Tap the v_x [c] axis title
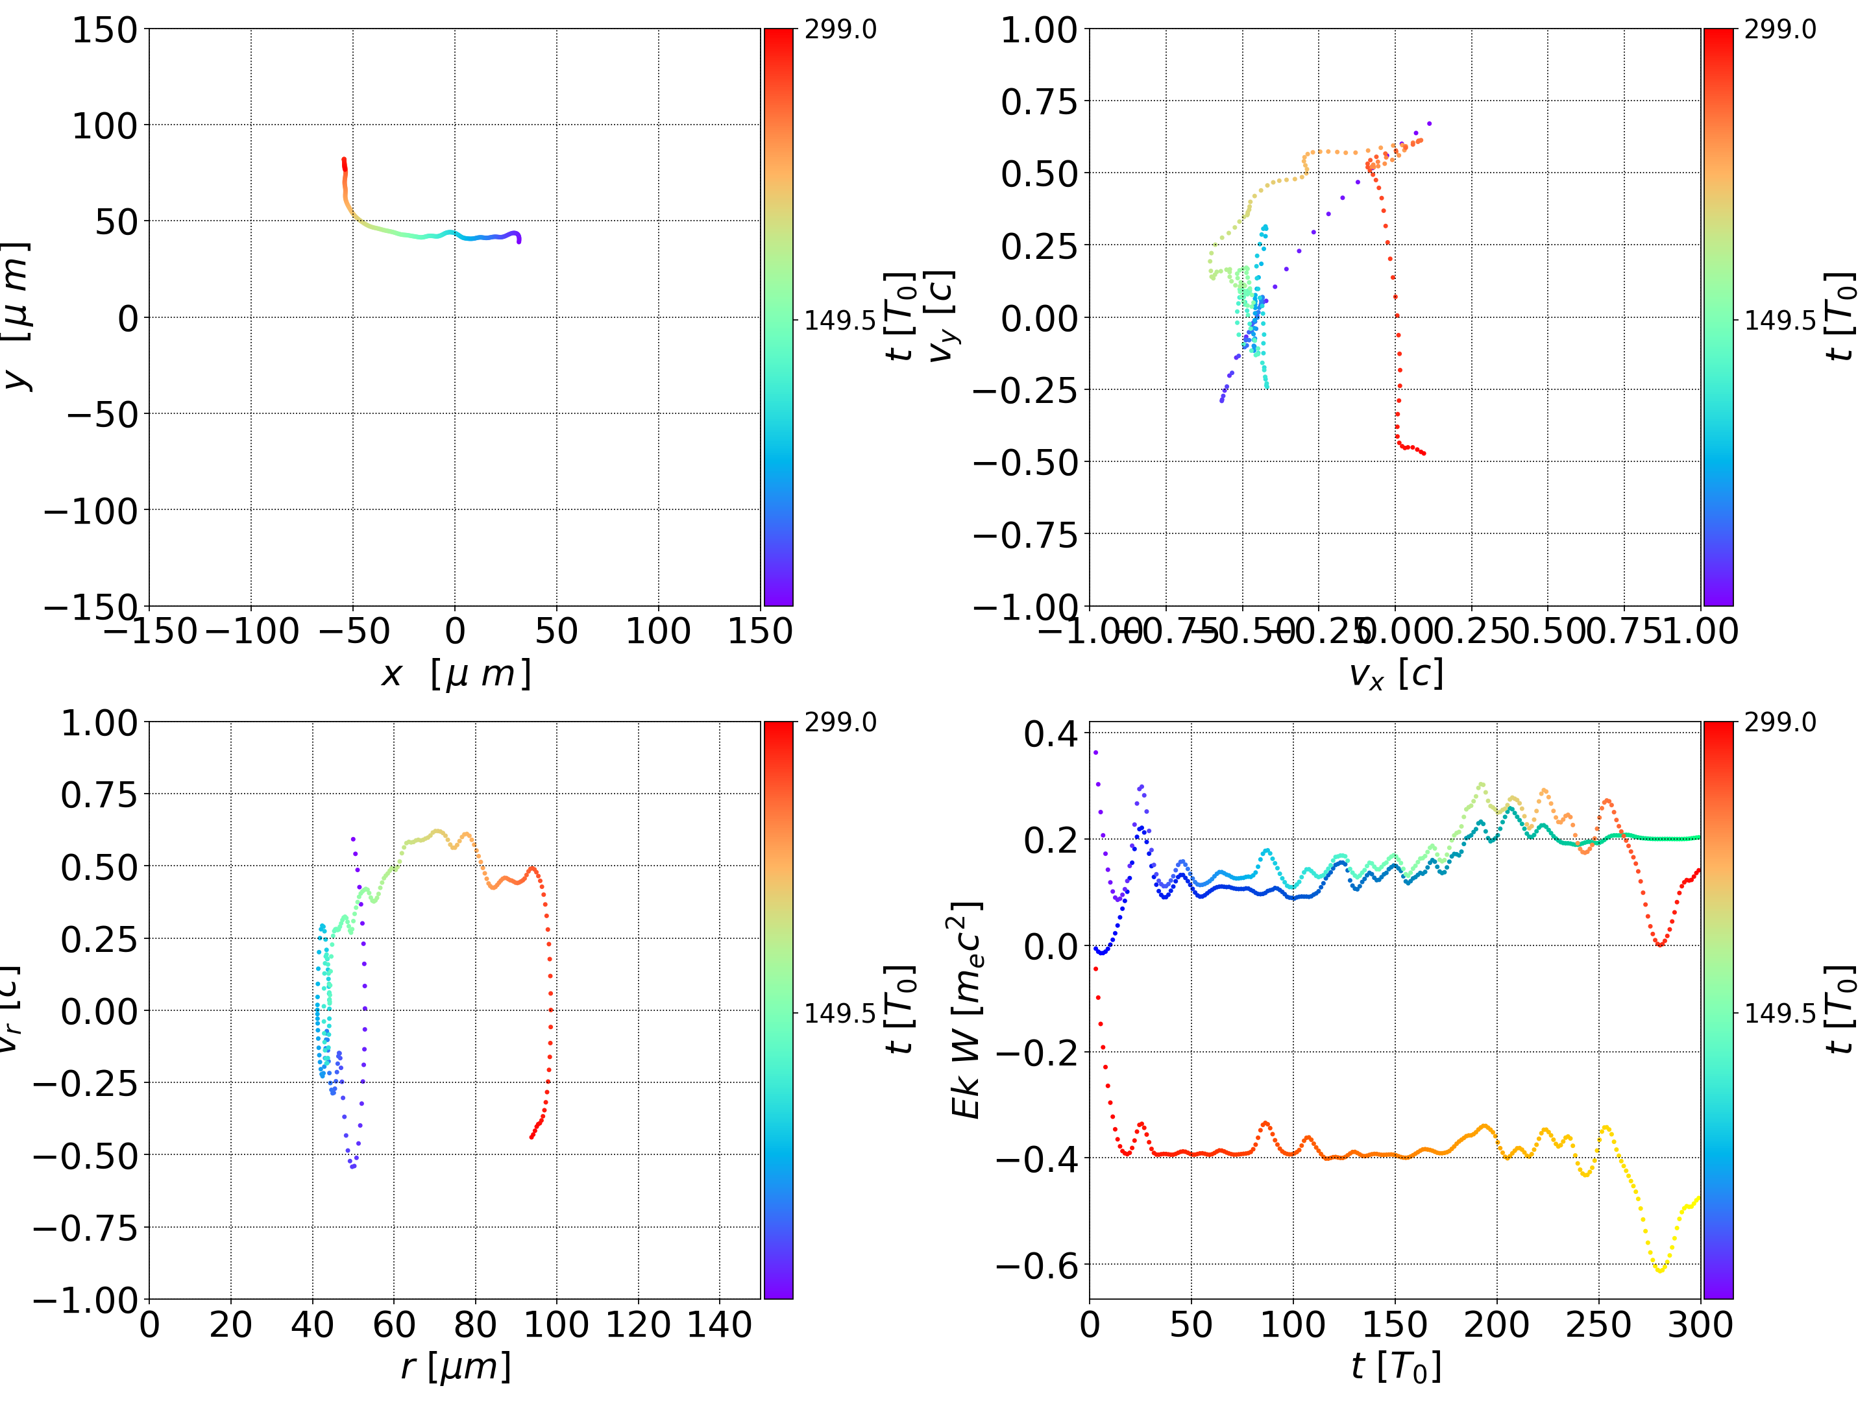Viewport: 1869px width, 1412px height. pyautogui.click(x=1395, y=674)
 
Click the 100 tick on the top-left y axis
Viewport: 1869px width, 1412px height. pyautogui.click(x=104, y=126)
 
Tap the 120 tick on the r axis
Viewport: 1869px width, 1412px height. pyautogui.click(x=638, y=1324)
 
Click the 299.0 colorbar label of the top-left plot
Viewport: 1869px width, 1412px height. pyautogui.click(x=840, y=30)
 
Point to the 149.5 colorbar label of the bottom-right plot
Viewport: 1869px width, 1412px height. pyautogui.click(x=1779, y=1012)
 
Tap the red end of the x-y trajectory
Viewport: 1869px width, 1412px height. pyautogui.click(x=343, y=159)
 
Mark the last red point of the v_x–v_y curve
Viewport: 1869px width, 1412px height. pyautogui.click(x=1424, y=454)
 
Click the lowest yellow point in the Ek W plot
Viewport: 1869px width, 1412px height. pyautogui.click(x=1660, y=1270)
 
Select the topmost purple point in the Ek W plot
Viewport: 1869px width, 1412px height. pyautogui.click(x=1096, y=752)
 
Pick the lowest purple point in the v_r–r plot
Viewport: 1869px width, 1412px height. pyautogui.click(x=352, y=1167)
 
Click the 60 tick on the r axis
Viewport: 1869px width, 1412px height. pyautogui.click(x=394, y=1324)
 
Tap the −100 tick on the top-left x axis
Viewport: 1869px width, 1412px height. pyautogui.click(x=251, y=631)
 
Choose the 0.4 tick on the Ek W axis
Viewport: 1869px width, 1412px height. pyautogui.click(x=1051, y=733)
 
